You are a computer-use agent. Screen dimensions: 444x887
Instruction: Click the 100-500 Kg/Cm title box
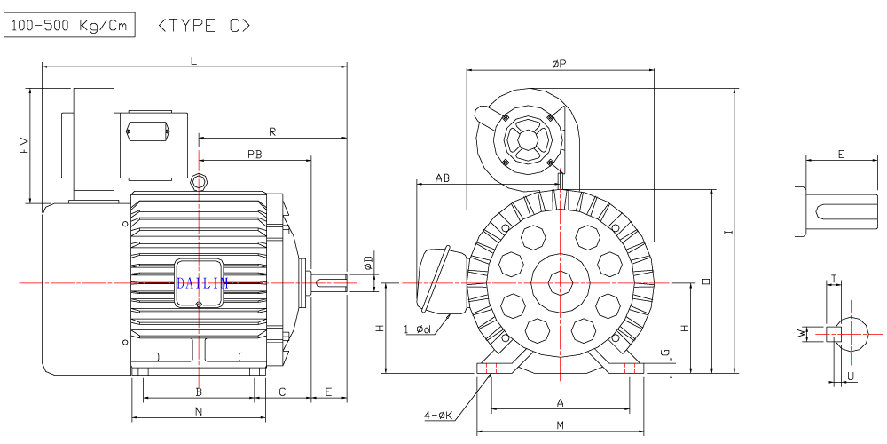[69, 26]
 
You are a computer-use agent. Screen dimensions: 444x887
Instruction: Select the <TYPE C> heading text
[203, 26]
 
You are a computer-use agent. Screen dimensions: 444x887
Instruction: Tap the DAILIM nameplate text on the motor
[202, 282]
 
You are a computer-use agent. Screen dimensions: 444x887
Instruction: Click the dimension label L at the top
[193, 59]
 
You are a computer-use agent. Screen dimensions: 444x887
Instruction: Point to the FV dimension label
[24, 146]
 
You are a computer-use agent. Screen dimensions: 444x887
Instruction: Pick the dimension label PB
[255, 154]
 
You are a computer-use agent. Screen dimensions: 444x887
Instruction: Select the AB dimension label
[442, 178]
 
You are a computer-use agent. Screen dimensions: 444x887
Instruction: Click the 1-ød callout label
[417, 330]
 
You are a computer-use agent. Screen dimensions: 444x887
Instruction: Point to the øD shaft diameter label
[368, 263]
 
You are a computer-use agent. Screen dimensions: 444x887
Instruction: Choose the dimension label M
[561, 425]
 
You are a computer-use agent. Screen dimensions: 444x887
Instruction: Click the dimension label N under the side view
[198, 411]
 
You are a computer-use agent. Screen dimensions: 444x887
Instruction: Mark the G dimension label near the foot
[665, 353]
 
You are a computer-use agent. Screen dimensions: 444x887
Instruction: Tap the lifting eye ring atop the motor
[200, 183]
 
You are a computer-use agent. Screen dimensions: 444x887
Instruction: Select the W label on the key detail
[801, 333]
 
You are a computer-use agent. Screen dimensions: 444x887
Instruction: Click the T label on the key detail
[836, 279]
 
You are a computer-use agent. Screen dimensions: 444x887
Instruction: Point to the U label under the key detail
[851, 377]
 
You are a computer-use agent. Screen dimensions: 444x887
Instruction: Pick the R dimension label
[272, 132]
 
